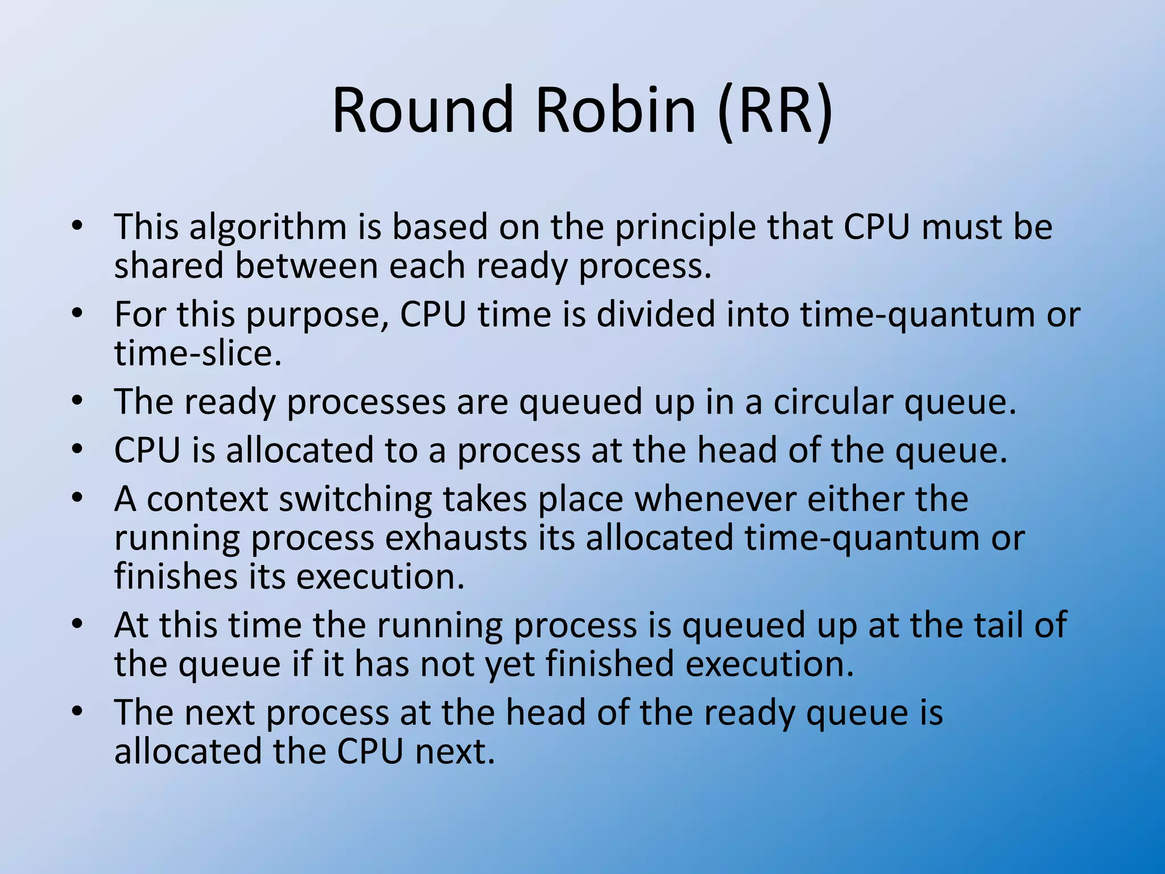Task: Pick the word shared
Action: coord(169,266)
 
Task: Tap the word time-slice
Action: coord(198,353)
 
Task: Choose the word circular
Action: coord(833,402)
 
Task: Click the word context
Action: coord(208,499)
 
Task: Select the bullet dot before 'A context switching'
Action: coord(77,498)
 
